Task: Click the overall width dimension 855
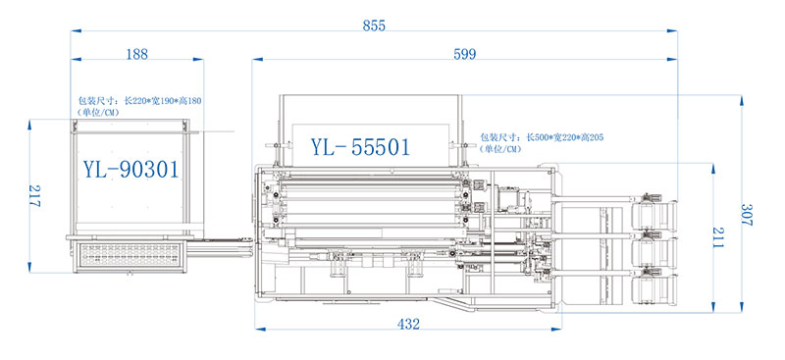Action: coord(374,25)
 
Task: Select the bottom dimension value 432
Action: coord(409,324)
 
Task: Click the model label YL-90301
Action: coord(130,169)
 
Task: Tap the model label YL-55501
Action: coord(360,147)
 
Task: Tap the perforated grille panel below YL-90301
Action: coord(130,258)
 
